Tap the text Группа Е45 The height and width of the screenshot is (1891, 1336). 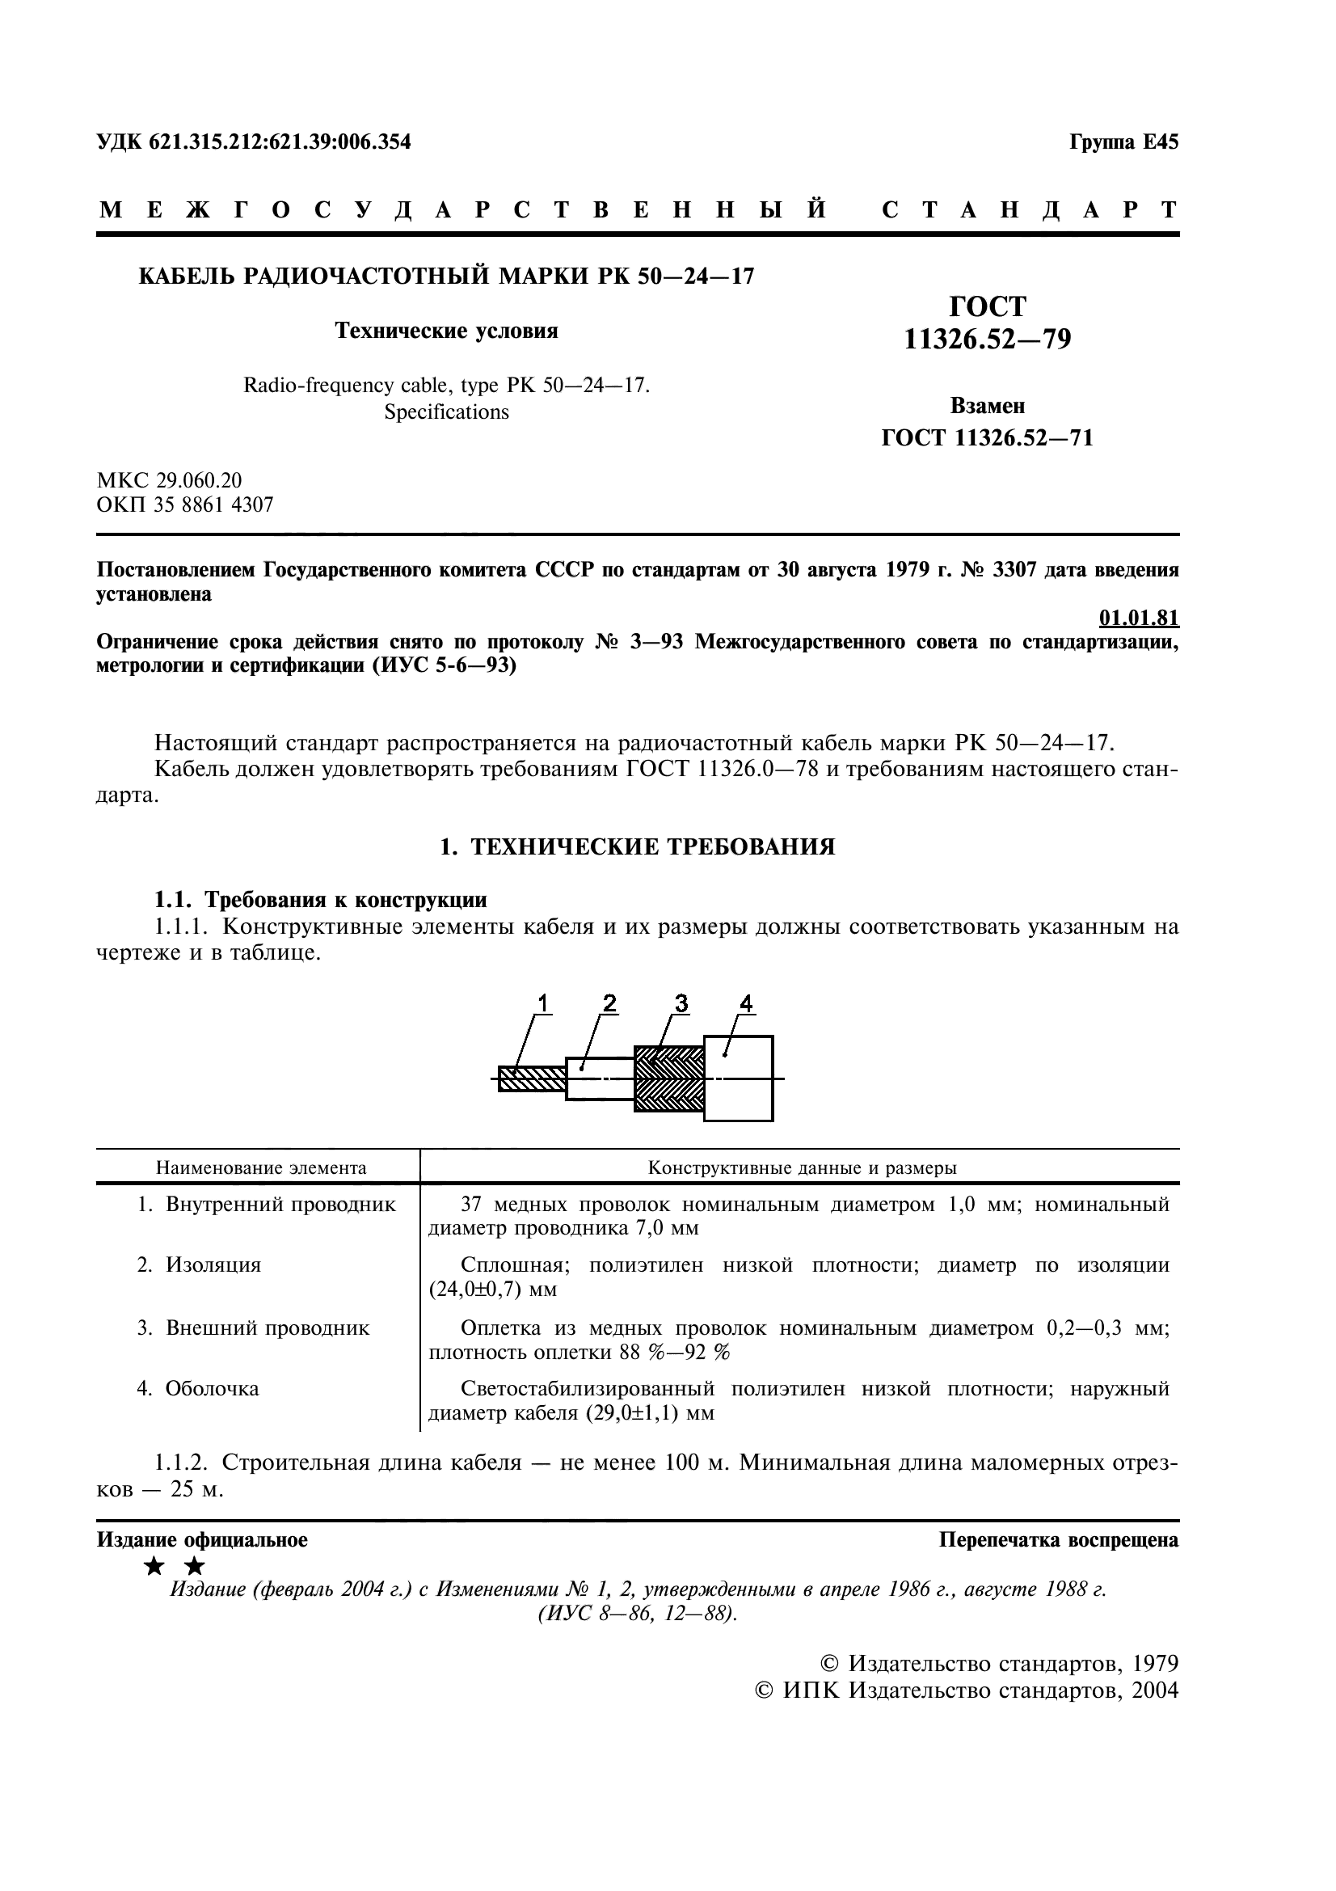1123,142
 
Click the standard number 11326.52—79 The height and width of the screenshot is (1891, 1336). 987,340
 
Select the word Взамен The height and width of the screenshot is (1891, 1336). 987,406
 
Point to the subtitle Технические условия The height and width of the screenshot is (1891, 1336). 446,331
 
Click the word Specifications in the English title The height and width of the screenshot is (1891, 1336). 446,412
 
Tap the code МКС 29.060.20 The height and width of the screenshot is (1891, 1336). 170,480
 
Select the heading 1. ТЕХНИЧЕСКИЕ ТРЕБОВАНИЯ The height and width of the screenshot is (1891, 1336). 637,846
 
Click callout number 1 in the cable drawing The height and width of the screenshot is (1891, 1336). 542,1002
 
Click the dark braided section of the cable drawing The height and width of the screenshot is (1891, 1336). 668,1078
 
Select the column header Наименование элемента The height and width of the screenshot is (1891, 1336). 261,1168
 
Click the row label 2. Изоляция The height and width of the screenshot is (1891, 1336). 198,1265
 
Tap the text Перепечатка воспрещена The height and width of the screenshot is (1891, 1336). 1059,1540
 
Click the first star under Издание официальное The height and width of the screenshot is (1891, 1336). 154,1567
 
